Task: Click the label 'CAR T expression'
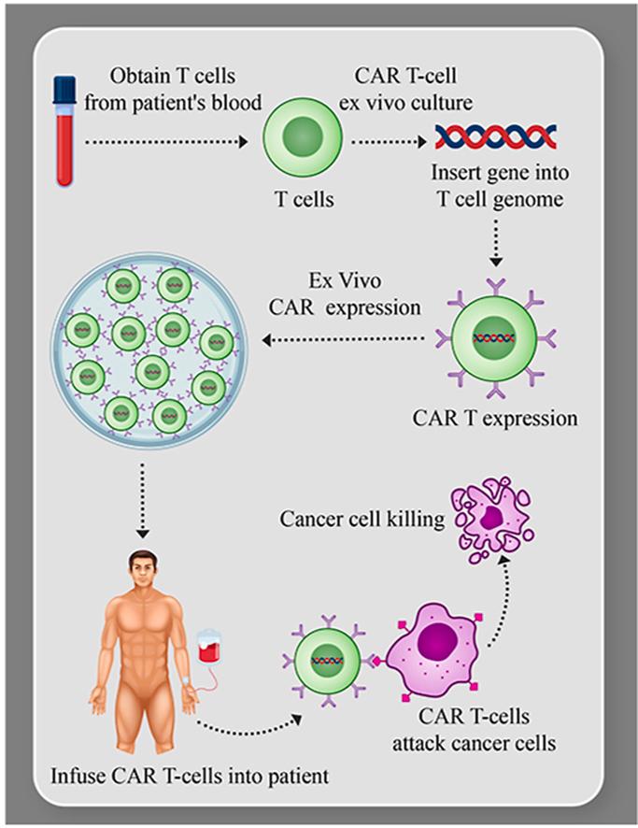(x=495, y=418)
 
